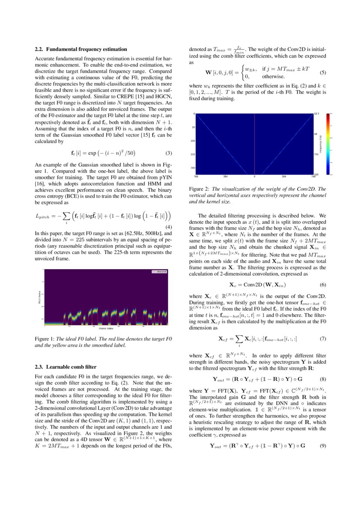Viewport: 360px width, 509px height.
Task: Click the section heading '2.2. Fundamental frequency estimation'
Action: point(81,49)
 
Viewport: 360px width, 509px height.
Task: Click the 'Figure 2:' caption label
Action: point(199,189)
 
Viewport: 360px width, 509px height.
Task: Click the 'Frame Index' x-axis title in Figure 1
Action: point(103,328)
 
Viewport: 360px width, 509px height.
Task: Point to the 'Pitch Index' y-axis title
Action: point(39,297)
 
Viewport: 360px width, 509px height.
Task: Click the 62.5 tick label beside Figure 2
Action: point(316,114)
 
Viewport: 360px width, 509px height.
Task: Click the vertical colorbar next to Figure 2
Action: point(329,144)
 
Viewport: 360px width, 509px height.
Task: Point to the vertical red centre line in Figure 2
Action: point(254,144)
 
